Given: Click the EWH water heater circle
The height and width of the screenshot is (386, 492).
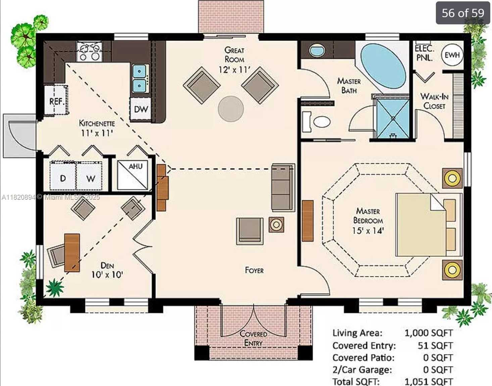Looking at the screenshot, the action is [452, 55].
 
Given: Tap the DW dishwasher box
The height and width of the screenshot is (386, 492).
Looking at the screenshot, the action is [141, 109].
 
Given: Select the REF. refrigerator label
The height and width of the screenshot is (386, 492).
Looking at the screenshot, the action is [57, 102].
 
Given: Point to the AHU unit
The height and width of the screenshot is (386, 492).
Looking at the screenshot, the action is [133, 175].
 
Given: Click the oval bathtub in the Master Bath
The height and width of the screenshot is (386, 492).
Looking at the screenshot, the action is [383, 66].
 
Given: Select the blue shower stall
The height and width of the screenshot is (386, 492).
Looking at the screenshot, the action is [393, 118].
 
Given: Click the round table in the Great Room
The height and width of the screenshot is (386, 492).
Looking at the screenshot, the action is [231, 109].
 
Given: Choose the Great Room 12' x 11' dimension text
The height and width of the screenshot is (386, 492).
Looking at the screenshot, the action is [234, 70].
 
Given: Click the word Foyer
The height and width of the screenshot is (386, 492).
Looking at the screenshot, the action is [254, 270].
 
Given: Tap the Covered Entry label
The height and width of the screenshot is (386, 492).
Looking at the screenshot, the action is [253, 338].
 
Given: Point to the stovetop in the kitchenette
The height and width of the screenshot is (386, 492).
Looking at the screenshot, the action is [89, 51].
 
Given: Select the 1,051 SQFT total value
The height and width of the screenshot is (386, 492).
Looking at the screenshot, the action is [428, 382].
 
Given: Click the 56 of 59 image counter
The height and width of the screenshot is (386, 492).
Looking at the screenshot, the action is [463, 13].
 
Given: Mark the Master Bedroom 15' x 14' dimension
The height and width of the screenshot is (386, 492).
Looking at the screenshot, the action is [368, 231].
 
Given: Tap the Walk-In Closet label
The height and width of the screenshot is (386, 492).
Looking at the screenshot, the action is [434, 101].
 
